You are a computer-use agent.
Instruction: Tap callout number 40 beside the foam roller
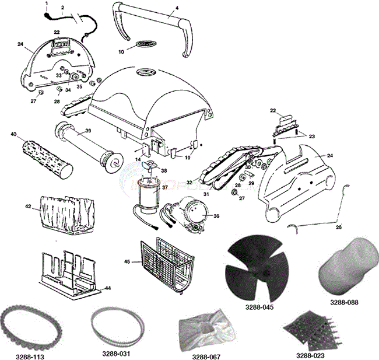click(x=13, y=135)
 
